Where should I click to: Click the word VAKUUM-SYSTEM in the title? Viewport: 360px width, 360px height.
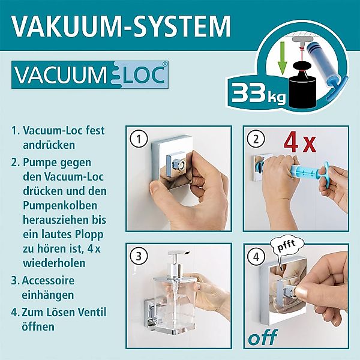coord(121,26)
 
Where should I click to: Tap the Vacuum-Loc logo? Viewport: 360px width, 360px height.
coord(90,75)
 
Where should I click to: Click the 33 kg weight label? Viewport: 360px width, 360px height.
coord(258,93)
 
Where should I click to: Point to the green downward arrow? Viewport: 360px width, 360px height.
coord(282,58)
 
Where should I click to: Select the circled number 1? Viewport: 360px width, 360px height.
coord(139,139)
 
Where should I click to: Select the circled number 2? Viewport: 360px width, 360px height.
coord(256,139)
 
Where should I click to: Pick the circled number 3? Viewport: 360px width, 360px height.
coord(139,256)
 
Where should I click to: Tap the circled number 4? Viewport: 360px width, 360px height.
coord(256,256)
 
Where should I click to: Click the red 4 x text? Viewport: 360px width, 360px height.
coord(300,143)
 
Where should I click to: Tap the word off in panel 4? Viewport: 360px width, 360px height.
coord(263,337)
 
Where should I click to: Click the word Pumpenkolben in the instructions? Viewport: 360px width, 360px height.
coord(60,206)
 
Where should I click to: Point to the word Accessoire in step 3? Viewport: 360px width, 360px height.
coord(48,280)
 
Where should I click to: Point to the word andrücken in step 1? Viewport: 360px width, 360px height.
coord(49,145)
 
